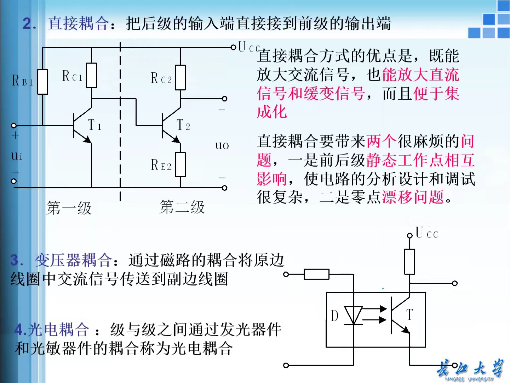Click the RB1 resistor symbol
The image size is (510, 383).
(42, 82)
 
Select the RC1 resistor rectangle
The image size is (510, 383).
(91, 75)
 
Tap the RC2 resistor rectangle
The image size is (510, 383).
(180, 77)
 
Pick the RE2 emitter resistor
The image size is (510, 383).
(180, 165)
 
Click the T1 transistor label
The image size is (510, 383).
(94, 125)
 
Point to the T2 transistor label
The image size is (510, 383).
(183, 125)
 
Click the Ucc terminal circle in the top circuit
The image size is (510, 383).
(233, 47)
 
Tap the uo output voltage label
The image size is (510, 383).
(222, 145)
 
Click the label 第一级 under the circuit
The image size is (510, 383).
(69, 208)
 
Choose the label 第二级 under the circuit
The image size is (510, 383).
(182, 207)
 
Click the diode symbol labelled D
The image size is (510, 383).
(354, 315)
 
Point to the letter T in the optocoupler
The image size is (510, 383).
(409, 315)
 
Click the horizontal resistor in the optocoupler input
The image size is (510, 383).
(316, 274)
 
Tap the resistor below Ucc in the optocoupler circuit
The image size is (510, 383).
(409, 262)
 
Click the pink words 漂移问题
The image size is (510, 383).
(413, 197)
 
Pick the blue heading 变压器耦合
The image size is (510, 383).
(73, 260)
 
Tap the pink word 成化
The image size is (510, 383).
(272, 112)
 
